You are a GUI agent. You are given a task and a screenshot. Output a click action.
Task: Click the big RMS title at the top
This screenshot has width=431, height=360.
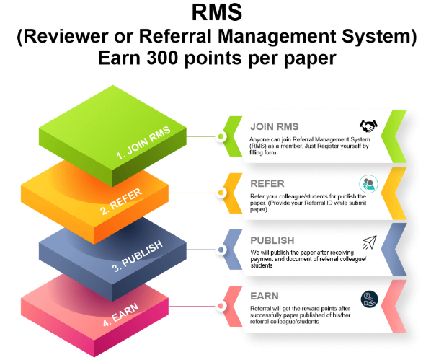click(217, 12)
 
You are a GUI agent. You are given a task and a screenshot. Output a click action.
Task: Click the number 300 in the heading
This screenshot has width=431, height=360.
click(161, 58)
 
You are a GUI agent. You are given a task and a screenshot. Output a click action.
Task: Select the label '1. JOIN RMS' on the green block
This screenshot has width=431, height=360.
click(143, 143)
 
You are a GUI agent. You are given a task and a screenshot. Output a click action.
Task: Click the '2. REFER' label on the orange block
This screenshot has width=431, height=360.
click(121, 202)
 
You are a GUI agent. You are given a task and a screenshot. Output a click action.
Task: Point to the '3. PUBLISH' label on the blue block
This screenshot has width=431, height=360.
click(138, 256)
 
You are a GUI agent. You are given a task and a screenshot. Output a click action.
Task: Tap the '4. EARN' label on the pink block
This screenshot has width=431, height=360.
click(120, 315)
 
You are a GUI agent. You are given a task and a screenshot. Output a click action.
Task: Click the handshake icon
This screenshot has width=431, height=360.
click(368, 126)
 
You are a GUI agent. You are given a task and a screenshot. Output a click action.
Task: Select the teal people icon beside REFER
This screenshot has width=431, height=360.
click(368, 183)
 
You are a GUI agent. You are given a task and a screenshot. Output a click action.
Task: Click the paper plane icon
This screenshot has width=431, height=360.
click(369, 242)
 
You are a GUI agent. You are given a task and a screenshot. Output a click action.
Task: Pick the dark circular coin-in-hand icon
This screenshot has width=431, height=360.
click(370, 299)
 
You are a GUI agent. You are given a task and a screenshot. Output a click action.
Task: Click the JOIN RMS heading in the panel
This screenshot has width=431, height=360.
click(275, 126)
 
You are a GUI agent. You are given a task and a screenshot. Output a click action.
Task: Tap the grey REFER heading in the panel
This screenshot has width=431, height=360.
click(267, 183)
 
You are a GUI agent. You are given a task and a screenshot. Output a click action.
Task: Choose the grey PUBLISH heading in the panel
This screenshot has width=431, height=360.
click(272, 240)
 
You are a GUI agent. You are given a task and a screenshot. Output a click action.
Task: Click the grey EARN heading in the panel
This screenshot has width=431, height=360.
click(265, 296)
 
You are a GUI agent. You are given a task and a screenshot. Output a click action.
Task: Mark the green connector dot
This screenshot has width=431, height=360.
click(221, 136)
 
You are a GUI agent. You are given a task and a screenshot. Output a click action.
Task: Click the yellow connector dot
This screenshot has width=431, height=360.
click(221, 193)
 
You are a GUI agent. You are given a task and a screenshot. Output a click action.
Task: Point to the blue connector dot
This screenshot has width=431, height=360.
click(221, 250)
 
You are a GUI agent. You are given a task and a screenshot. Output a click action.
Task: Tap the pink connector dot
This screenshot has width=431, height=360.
click(221, 306)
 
